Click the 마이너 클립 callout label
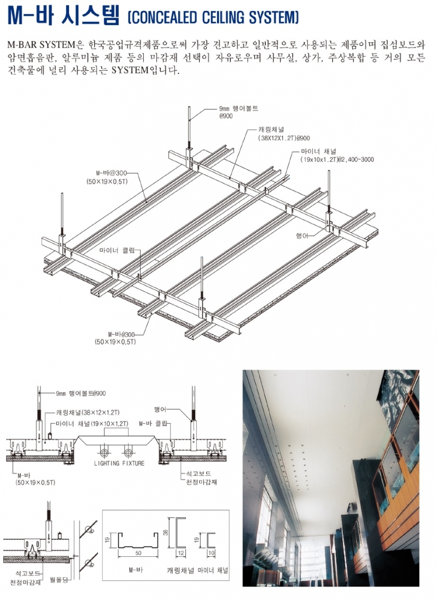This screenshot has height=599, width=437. pyautogui.click(x=117, y=251)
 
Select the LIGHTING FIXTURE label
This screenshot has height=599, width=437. pyautogui.click(x=119, y=463)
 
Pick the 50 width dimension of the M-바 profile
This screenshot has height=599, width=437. pyautogui.click(x=138, y=553)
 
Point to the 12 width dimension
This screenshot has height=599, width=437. pyautogui.click(x=181, y=553)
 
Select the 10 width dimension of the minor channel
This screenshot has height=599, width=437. pyautogui.click(x=211, y=553)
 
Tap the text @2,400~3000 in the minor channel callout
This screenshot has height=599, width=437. pyautogui.click(x=356, y=160)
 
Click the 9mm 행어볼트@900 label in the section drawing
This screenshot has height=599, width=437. pyautogui.click(x=80, y=393)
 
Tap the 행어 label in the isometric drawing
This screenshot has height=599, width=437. pyautogui.click(x=302, y=235)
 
